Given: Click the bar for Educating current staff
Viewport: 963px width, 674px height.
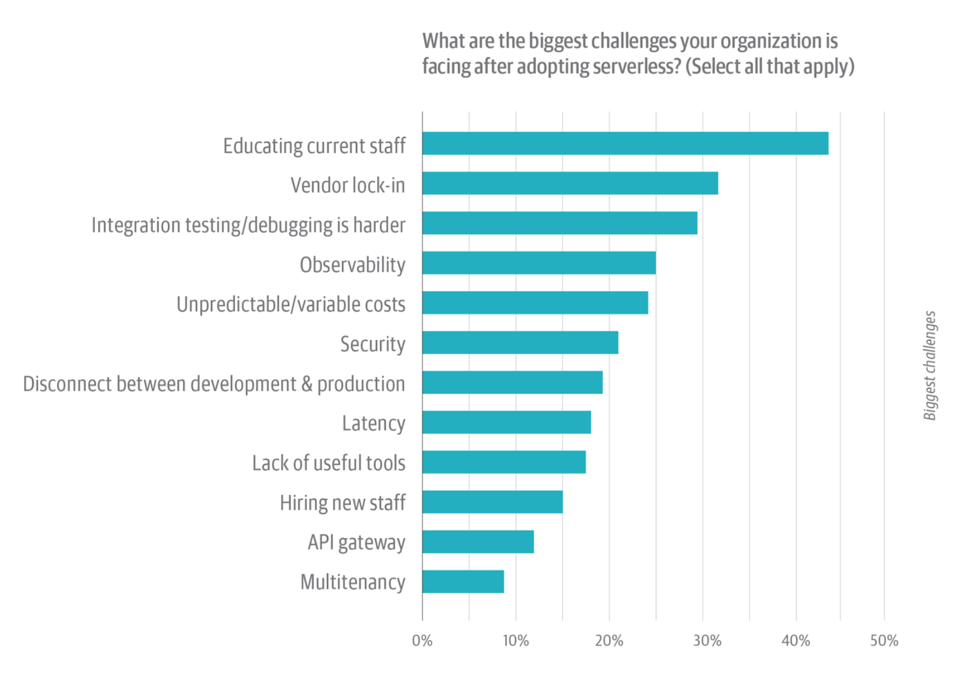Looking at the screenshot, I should coord(625,144).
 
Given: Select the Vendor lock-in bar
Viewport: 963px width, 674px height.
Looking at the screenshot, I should coord(570,184).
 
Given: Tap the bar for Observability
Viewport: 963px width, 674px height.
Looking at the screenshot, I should coord(539,263).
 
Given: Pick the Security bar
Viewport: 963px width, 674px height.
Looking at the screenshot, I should coord(520,343).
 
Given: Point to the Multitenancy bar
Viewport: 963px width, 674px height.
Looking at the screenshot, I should coord(463,582).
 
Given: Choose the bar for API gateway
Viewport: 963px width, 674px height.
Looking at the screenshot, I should coord(478,542).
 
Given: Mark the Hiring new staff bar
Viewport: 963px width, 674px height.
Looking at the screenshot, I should coord(492,502).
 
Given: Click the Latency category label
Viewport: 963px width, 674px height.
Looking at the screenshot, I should coord(373,423).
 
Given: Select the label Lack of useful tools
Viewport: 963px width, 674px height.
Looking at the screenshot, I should coord(329,463).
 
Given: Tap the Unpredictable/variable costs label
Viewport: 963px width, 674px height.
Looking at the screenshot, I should coord(291,304).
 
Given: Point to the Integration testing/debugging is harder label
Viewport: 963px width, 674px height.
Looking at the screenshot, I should coord(248,225).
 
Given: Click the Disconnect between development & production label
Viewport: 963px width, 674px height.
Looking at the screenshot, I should coord(214,384).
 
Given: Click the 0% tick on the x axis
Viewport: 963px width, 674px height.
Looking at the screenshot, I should coord(422,641).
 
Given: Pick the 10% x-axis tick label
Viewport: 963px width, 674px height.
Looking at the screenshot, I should coord(516,641).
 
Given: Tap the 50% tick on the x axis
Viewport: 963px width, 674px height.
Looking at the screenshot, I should coord(884,641).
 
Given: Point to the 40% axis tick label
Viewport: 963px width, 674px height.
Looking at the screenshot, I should coord(796,641).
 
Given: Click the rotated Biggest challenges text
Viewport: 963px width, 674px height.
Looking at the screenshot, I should coord(930,365).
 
